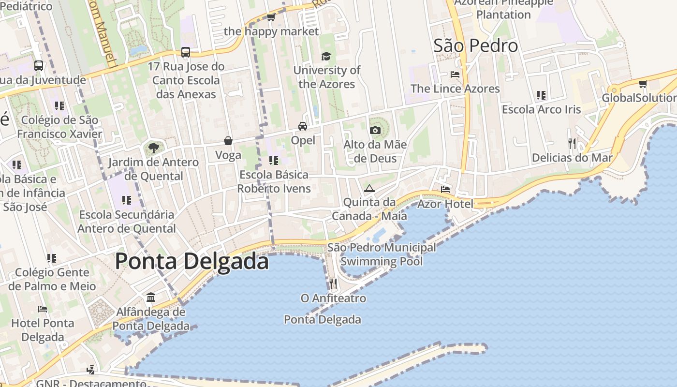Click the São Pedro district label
(x=476, y=45)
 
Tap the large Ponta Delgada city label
(x=191, y=261)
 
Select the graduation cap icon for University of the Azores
(x=326, y=56)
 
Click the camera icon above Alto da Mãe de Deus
(x=375, y=130)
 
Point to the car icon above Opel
(x=303, y=126)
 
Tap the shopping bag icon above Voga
(x=228, y=141)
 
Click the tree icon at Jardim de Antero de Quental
(x=153, y=148)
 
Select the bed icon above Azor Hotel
(x=445, y=189)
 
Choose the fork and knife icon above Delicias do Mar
(x=572, y=143)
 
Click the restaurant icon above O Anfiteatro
(x=333, y=283)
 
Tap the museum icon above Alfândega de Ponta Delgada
(x=151, y=297)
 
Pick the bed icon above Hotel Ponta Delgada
(x=43, y=309)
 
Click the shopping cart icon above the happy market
(x=271, y=17)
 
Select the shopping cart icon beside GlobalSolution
(x=643, y=84)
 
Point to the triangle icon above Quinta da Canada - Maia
(x=369, y=188)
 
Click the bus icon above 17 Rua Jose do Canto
(x=185, y=52)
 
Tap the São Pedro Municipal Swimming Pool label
(x=382, y=254)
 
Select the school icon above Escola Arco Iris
(x=541, y=95)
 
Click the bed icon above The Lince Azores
(x=455, y=74)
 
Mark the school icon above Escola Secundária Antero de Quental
(x=127, y=200)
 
